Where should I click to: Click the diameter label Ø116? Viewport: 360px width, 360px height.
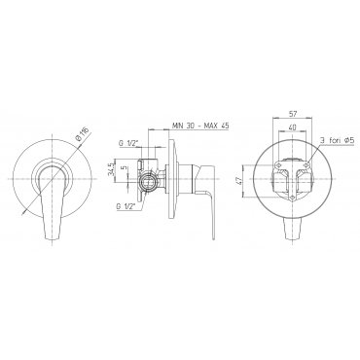[83, 133]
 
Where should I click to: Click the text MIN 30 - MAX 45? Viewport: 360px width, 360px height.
[200, 126]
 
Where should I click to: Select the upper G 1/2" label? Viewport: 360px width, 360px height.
[128, 142]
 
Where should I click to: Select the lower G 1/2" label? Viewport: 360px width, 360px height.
[128, 205]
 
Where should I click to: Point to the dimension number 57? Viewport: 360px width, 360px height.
[293, 114]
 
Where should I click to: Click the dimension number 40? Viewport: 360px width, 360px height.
[293, 127]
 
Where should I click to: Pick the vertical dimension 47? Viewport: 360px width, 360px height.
[240, 181]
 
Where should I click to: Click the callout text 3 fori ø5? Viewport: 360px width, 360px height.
[337, 140]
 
